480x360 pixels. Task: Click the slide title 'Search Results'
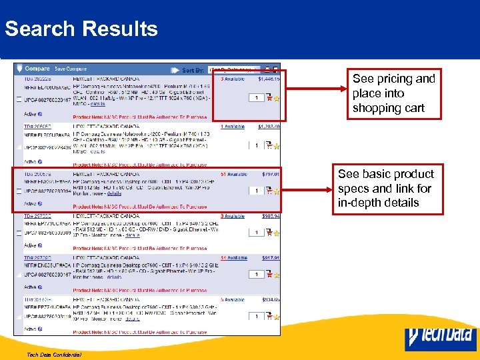pos(81,29)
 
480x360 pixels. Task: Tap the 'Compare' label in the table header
pos(37,69)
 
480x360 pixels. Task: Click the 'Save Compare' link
pos(70,69)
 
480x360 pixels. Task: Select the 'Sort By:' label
pos(193,69)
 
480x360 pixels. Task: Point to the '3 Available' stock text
pos(233,79)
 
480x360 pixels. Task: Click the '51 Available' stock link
pos(234,175)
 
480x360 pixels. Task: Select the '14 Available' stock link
pos(233,258)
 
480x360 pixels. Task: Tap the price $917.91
pos(269,258)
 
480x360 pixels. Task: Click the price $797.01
pos(269,175)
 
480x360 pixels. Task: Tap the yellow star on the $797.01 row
pos(276,192)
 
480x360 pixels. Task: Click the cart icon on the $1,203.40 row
pos(268,145)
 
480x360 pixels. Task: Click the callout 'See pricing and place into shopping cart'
pos(393,93)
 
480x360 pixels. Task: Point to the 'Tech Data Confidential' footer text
pos(55,354)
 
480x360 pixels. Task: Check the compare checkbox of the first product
pos(19,99)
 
